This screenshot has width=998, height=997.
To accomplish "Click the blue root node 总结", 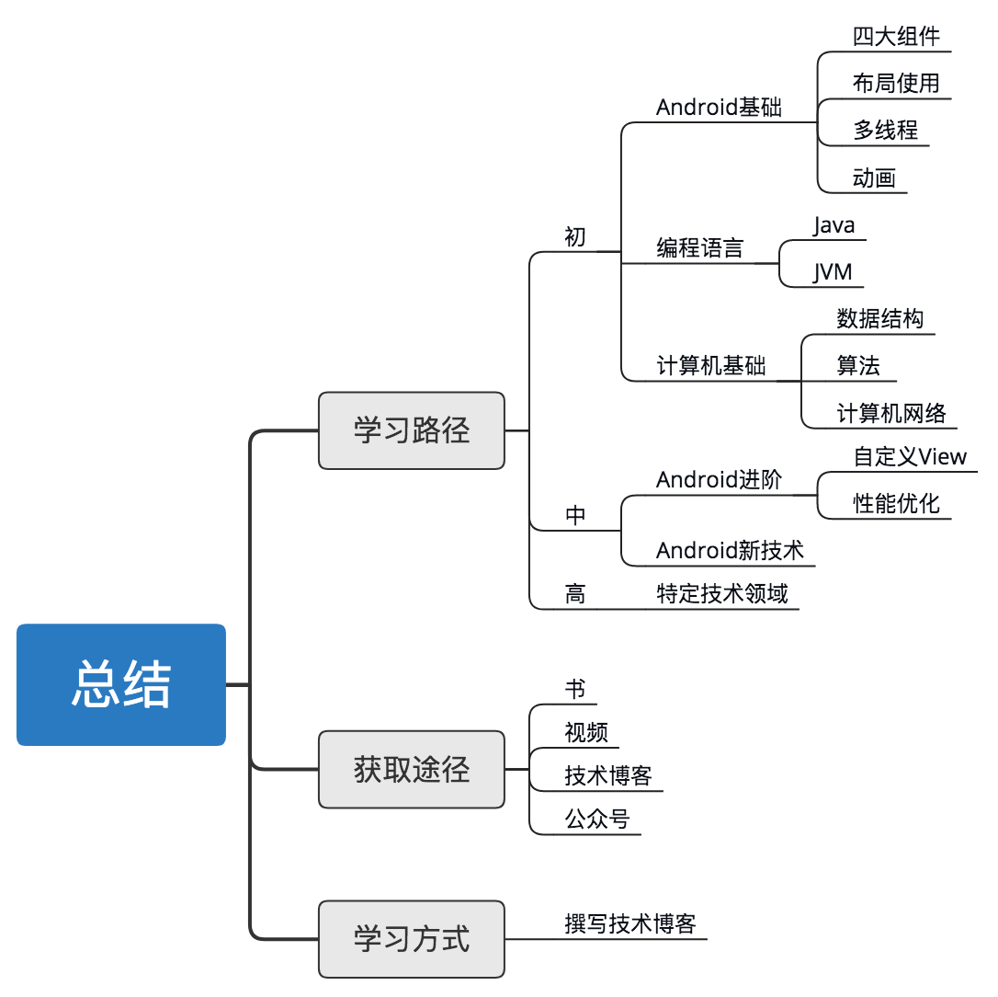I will click(121, 684).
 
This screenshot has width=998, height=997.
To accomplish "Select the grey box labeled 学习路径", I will click(411, 430).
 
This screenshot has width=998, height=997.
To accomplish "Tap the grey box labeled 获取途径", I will click(411, 770).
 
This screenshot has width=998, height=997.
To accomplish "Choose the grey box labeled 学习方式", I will click(411, 939).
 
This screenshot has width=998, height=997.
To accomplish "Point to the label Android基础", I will click(719, 108).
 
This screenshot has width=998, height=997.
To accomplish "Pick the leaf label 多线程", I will click(885, 130).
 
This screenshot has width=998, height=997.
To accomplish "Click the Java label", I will click(834, 225).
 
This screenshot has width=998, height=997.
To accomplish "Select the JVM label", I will click(833, 272).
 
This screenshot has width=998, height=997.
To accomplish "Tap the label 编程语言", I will click(699, 248).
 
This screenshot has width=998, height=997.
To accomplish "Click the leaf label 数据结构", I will click(879, 319).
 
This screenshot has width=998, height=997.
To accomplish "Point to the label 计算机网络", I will click(890, 414).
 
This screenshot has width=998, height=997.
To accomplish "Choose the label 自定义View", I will click(910, 456).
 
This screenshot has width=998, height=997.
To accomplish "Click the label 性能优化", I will click(896, 503).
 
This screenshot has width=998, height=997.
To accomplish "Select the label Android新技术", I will click(730, 550).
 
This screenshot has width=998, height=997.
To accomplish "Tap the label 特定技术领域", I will click(721, 593).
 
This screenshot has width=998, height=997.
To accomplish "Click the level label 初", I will click(574, 237).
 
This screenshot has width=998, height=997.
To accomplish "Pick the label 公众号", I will click(597, 819).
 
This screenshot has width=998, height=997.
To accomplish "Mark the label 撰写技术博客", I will click(630, 923).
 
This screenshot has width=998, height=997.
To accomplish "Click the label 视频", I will click(586, 732).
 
